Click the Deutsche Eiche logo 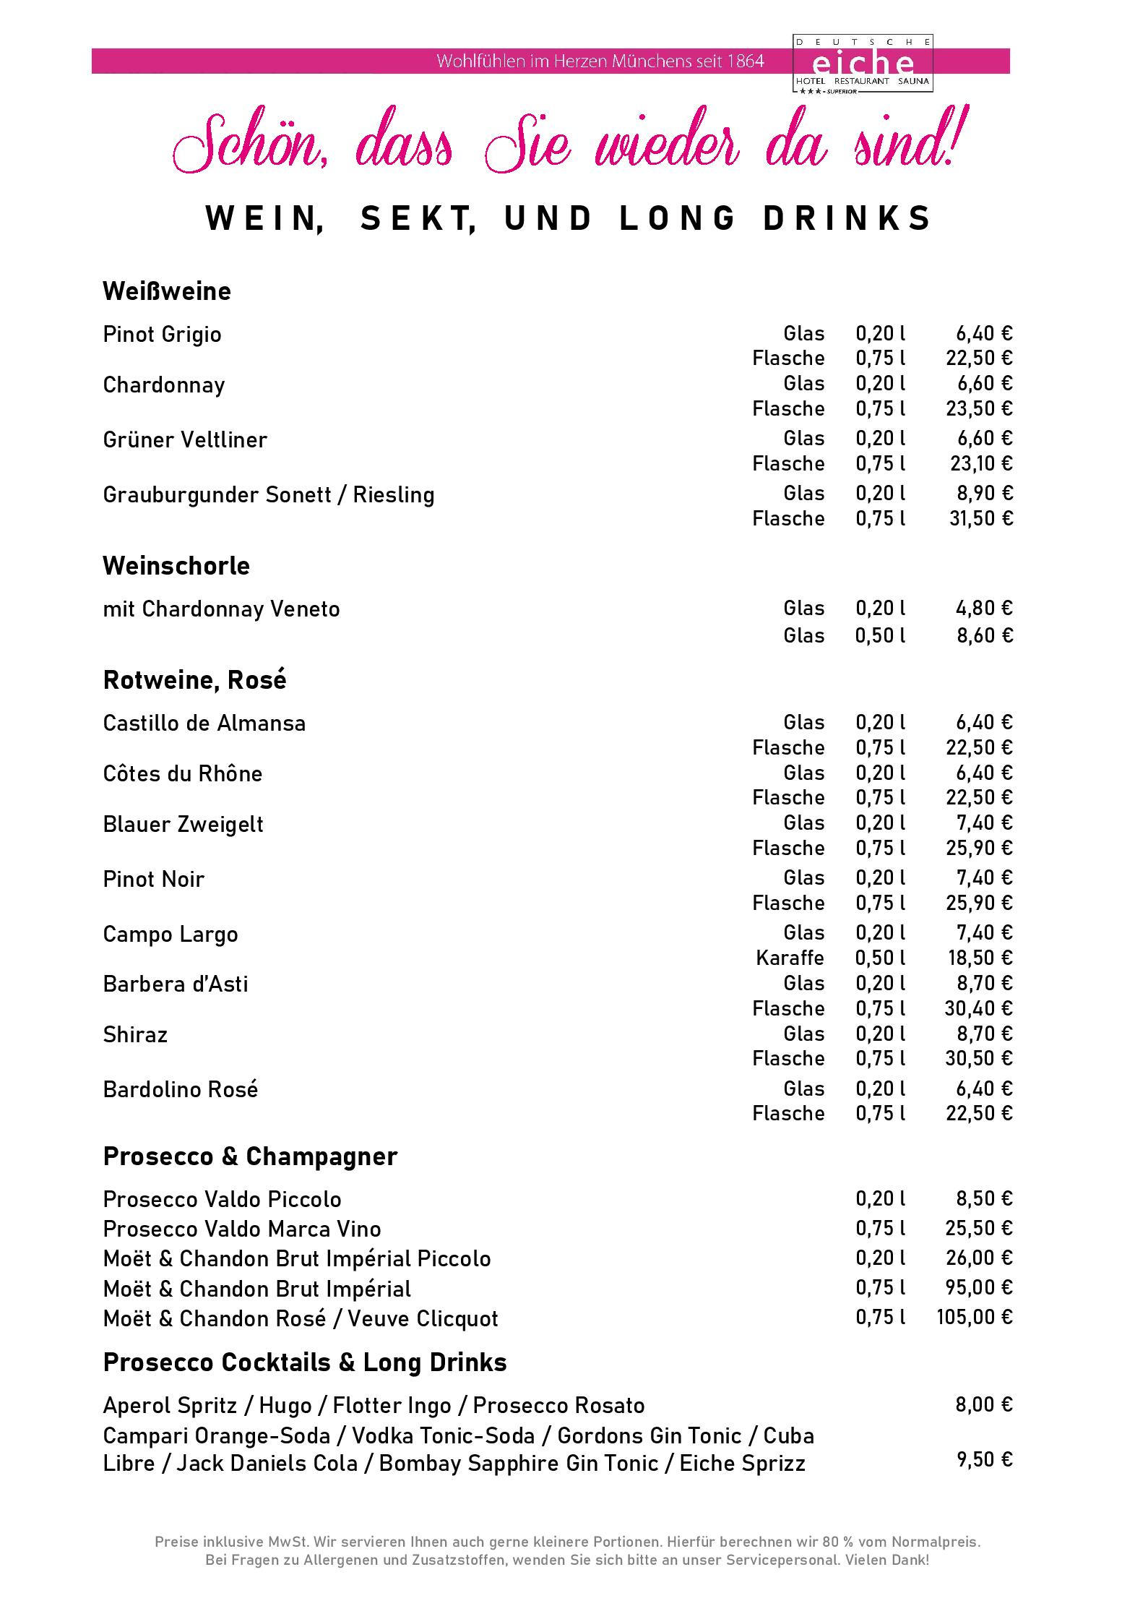(863, 64)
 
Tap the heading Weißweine (167, 291)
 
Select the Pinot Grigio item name (162, 335)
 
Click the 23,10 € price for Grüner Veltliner (980, 463)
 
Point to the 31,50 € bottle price (980, 518)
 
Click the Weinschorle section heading (176, 566)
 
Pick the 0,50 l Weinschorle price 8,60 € (984, 635)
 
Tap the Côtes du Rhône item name (183, 774)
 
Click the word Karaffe (790, 958)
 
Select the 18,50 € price (980, 958)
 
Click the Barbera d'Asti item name (176, 984)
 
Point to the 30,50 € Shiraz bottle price (979, 1058)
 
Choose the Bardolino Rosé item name (181, 1090)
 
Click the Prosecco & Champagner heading (250, 1156)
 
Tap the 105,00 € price (975, 1317)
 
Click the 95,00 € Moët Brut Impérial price (979, 1287)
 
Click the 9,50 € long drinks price (984, 1459)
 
